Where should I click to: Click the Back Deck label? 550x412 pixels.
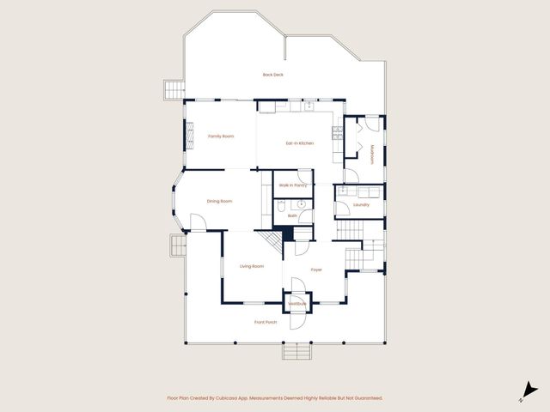pyautogui.click(x=272, y=75)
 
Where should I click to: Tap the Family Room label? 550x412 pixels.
pyautogui.click(x=221, y=136)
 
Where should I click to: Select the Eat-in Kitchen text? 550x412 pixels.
pyautogui.click(x=299, y=142)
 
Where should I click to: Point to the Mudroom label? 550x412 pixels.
pyautogui.click(x=373, y=154)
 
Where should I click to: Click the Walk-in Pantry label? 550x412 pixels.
pyautogui.click(x=293, y=185)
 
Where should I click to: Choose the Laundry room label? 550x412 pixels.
pyautogui.click(x=361, y=204)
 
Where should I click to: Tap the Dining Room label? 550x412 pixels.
pyautogui.click(x=220, y=201)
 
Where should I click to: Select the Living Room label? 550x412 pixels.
pyautogui.click(x=251, y=266)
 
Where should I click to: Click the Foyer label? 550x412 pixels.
pyautogui.click(x=316, y=269)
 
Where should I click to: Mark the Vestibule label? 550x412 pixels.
pyautogui.click(x=297, y=304)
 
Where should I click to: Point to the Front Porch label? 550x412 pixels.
pyautogui.click(x=266, y=322)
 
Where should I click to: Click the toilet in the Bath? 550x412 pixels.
pyautogui.click(x=281, y=204)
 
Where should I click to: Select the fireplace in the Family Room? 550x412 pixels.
pyautogui.click(x=180, y=134)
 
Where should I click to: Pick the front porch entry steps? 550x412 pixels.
pyautogui.click(x=296, y=352)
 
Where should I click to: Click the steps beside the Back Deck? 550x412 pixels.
pyautogui.click(x=174, y=88)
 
